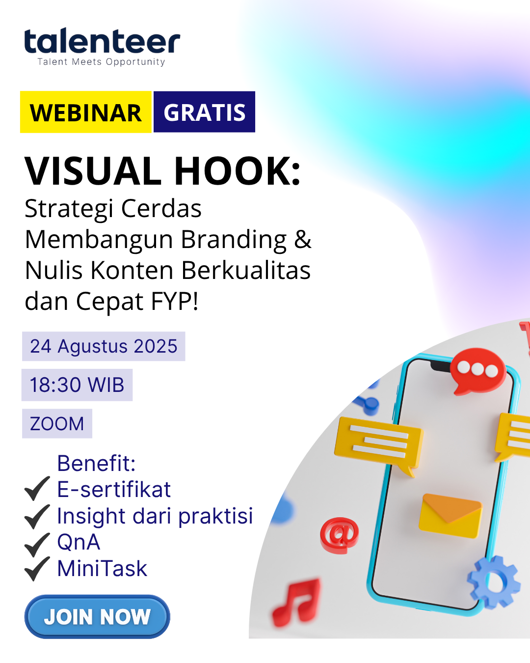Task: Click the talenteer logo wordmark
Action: [x=102, y=42]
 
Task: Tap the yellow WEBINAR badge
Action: [x=86, y=112]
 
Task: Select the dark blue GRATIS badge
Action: [x=204, y=112]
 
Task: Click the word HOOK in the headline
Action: [x=238, y=171]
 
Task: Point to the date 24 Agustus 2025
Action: [x=104, y=346]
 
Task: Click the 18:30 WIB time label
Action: [x=77, y=385]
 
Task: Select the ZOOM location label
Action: [x=57, y=423]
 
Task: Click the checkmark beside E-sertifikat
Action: [x=37, y=489]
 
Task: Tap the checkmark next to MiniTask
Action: [x=37, y=569]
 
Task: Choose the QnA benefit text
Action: [x=79, y=542]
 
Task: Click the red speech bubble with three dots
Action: [x=477, y=370]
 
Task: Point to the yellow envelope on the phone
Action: [x=450, y=515]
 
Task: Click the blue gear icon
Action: [x=494, y=582]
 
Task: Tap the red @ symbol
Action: [x=339, y=534]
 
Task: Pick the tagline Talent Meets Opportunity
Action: [x=101, y=62]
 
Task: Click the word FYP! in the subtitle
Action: [x=175, y=301]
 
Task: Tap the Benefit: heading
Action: [x=96, y=463]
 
